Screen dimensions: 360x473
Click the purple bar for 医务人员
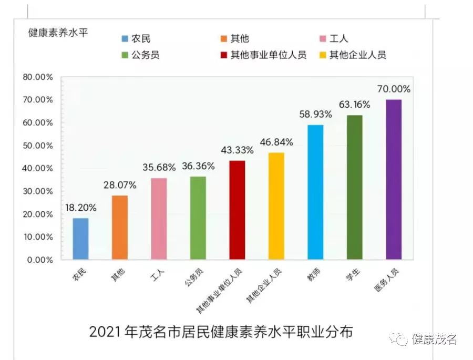tap(394, 179)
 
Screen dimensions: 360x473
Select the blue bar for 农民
tap(80, 239)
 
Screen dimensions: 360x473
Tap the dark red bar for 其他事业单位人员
tap(237, 210)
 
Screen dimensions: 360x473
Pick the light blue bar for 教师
tap(315, 192)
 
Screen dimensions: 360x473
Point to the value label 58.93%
tap(315, 114)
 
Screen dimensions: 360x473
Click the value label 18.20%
tap(80, 207)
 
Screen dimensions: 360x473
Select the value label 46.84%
tap(276, 142)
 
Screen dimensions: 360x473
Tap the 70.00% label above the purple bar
tap(394, 89)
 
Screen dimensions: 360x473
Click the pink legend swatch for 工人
tap(323, 38)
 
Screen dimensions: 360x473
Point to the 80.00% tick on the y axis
tap(38, 77)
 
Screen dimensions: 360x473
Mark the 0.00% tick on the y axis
tap(40, 260)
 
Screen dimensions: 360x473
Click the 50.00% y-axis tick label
tap(38, 146)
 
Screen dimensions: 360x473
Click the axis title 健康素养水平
tap(58, 32)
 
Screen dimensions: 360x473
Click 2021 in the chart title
tap(105, 332)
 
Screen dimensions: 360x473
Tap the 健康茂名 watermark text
tap(434, 339)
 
